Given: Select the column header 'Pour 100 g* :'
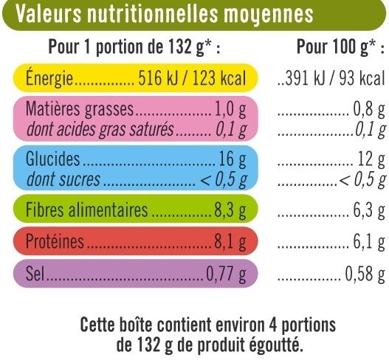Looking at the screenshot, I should point(336,48).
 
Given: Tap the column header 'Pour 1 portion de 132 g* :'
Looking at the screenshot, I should point(134,48).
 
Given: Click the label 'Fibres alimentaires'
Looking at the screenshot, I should point(87,211).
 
